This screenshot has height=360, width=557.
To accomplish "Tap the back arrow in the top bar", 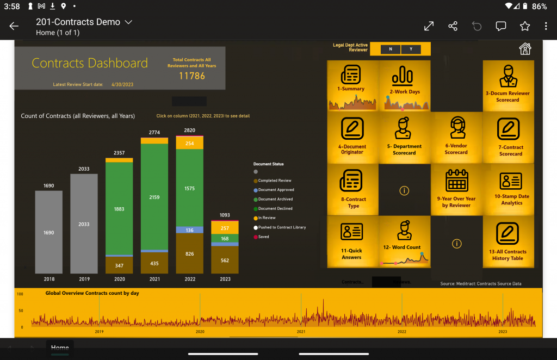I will [14, 26].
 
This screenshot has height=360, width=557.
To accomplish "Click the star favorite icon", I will [524, 26].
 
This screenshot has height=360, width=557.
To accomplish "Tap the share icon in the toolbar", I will [453, 26].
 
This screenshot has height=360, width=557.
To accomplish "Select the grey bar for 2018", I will [49, 232].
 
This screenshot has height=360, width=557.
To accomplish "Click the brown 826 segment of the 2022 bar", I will [190, 253].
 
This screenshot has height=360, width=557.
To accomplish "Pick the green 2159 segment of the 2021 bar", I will [154, 197].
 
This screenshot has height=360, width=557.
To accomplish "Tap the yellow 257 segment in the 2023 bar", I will [225, 228].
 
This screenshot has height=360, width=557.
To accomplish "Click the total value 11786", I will [192, 76].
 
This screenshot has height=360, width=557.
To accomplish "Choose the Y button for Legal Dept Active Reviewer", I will [411, 49].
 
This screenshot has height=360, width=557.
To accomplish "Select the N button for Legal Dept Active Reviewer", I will [391, 49].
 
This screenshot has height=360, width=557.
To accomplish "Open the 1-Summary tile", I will [351, 85].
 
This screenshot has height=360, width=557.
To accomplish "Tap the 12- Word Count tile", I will [404, 241].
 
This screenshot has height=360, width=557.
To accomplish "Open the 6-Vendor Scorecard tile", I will [456, 137].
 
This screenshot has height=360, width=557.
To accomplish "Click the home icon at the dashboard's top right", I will [525, 49].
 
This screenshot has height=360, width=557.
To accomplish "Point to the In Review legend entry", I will [266, 218].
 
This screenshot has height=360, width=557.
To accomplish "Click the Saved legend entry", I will [263, 237].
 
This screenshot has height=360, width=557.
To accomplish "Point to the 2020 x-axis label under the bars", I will [119, 279].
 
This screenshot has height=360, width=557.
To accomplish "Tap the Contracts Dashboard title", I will [90, 63].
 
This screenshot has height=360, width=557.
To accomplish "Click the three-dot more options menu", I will [546, 26].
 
